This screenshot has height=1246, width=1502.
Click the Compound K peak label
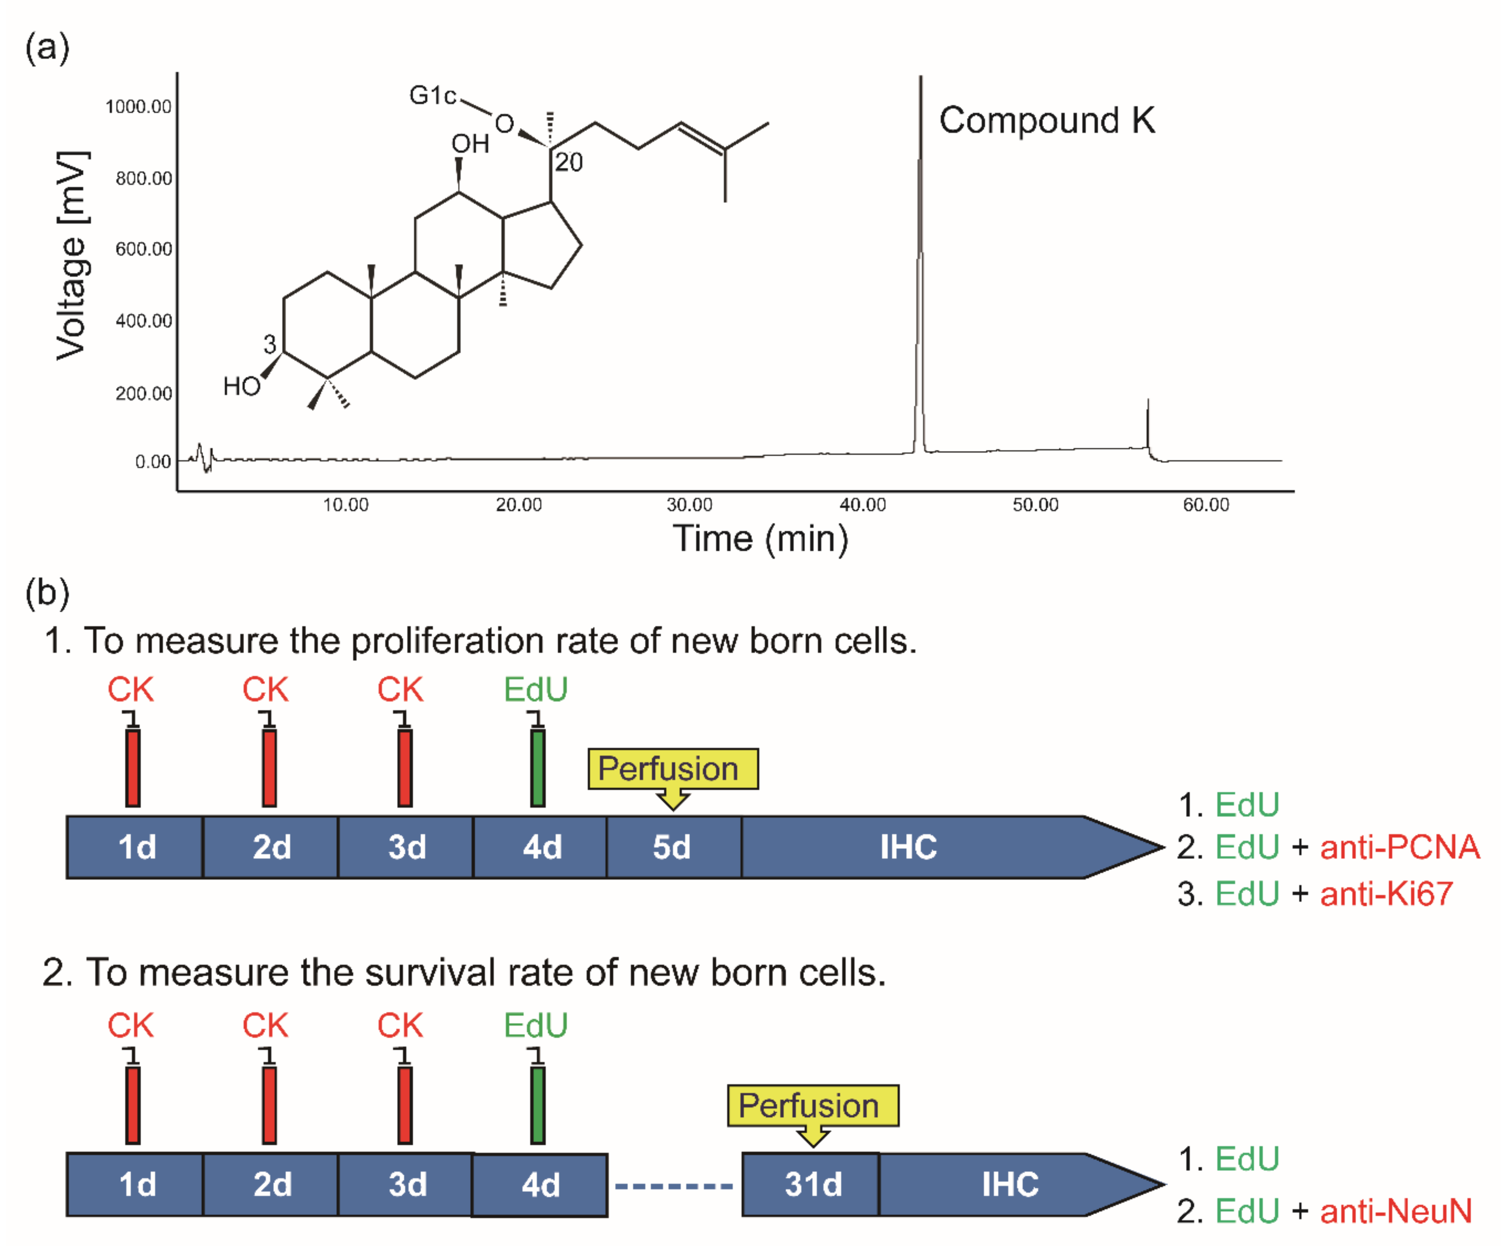coord(1046,120)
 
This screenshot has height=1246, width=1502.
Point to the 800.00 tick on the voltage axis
coord(144,178)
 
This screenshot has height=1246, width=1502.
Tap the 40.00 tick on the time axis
coord(863,505)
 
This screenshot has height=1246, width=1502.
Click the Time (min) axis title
coord(760,539)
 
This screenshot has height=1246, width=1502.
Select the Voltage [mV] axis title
coord(72,255)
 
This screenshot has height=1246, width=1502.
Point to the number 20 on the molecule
coord(569,163)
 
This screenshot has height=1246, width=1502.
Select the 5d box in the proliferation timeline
coord(672,847)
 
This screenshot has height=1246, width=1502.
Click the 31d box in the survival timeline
coord(812,1184)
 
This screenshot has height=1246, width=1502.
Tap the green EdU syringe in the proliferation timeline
coord(537,767)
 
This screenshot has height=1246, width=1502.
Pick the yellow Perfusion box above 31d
coord(813,1106)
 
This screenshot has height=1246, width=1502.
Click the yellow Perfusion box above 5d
coord(672,769)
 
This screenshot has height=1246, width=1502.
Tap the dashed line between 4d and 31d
coord(674,1186)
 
